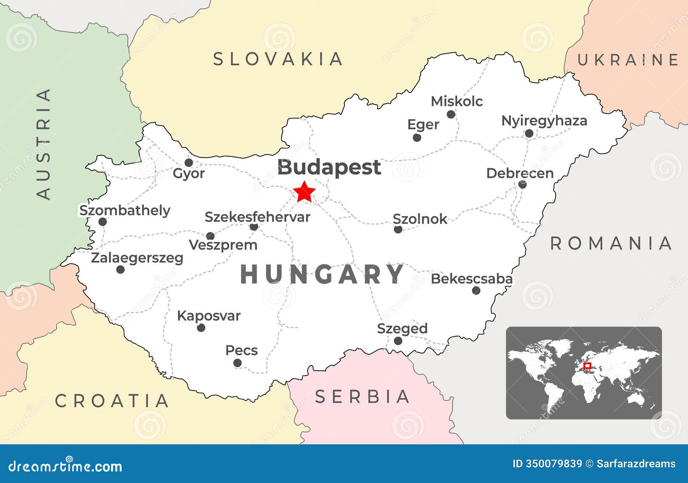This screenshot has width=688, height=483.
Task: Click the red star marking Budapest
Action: coord(304,192)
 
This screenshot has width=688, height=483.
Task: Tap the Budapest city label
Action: coord(329,167)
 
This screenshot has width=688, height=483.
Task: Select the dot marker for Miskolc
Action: coord(451,114)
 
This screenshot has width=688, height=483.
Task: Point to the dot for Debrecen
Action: coord(522,185)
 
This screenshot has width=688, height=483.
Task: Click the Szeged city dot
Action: coord(398,341)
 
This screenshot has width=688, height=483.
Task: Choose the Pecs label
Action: coord(241,350)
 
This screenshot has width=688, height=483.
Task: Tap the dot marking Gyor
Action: coord(188,163)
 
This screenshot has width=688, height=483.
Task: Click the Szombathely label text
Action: coord(125,210)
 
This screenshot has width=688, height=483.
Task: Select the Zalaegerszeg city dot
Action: coord(120,270)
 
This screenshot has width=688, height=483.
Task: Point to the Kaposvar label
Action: coord(209,316)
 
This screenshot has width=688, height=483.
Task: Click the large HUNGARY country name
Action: coord(322,275)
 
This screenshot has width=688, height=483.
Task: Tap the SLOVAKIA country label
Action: coord(278,59)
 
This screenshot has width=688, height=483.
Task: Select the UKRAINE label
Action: coord(627,60)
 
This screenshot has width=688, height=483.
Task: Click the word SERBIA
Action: coord(362,397)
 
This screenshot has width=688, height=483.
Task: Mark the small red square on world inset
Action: coord(587,366)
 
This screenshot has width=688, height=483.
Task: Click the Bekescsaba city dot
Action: coord(476,290)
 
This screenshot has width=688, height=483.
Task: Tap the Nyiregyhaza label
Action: coord(544,120)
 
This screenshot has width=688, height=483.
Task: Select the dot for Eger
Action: coord(417,138)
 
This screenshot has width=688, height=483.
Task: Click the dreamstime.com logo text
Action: coord(65,466)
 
